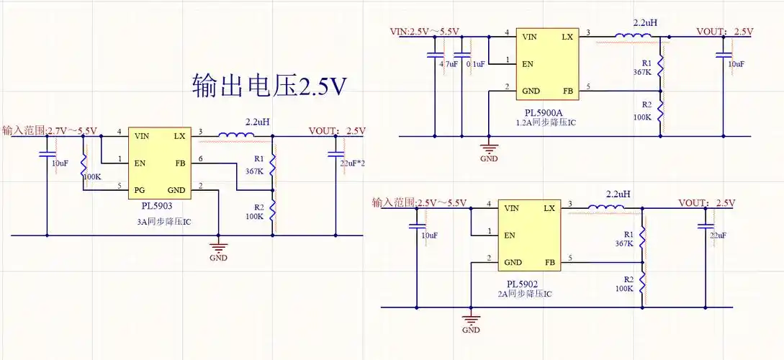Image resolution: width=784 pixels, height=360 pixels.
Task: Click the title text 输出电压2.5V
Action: tap(269, 86)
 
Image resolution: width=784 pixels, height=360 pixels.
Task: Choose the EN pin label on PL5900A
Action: tap(528, 63)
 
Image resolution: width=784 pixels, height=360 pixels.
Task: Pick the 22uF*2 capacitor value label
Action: tap(352, 163)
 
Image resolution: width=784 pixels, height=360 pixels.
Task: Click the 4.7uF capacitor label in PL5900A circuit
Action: tap(448, 64)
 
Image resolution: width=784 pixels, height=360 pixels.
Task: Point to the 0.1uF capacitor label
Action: tap(476, 64)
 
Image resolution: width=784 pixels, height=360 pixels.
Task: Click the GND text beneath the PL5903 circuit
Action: tap(218, 258)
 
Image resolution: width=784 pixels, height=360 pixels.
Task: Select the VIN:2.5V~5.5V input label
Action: tap(424, 31)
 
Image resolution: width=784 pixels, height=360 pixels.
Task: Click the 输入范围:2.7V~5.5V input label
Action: tap(49, 130)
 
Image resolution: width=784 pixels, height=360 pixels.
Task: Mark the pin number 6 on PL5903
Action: tap(201, 158)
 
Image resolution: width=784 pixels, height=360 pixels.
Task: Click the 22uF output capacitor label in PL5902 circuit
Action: tap(718, 235)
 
